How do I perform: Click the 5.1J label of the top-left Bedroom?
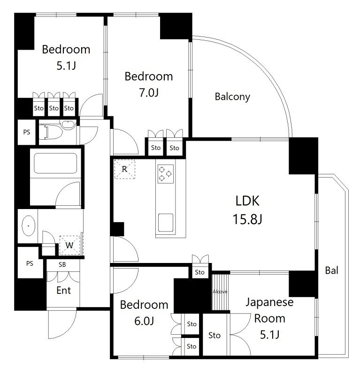(x=66, y=66)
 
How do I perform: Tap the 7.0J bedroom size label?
(x=149, y=92)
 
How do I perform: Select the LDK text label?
(x=247, y=201)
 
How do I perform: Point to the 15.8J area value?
(x=247, y=219)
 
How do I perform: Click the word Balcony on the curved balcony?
(x=232, y=97)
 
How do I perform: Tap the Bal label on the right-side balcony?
(x=332, y=270)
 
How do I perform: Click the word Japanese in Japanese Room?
(x=269, y=302)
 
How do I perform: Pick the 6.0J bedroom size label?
(x=144, y=321)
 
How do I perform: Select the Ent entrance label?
(x=63, y=290)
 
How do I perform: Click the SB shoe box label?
(x=62, y=264)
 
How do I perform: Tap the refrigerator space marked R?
(x=124, y=169)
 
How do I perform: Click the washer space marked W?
(x=69, y=245)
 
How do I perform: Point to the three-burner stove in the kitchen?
(x=166, y=174)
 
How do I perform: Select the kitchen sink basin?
(x=166, y=223)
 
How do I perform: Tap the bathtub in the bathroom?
(x=55, y=163)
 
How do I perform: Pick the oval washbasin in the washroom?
(x=29, y=226)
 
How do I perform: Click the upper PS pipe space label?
(x=27, y=132)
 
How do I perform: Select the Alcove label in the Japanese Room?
(x=220, y=292)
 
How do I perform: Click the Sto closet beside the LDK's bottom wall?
(x=200, y=272)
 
